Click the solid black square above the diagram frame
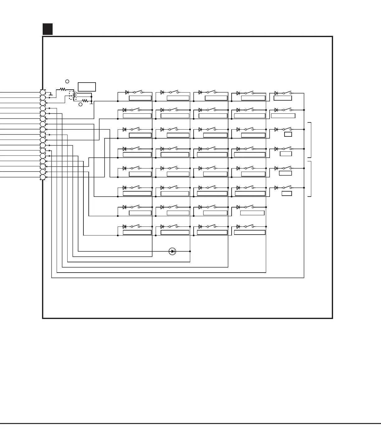[48, 29]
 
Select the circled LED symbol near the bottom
[172, 251]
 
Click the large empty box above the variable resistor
[87, 87]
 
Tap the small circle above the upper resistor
[67, 81]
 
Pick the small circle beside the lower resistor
[80, 104]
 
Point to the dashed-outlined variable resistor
[73, 96]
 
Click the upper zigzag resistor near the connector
[63, 89]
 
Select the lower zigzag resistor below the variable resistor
[85, 101]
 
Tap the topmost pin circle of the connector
[43, 93]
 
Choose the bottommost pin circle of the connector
[43, 177]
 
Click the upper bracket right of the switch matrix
[310, 140]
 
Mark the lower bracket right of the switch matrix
[310, 179]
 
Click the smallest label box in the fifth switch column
[288, 134]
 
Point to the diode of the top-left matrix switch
[127, 92]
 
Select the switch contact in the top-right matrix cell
[287, 93]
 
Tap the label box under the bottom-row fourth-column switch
[250, 232]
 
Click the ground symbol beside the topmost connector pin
[51, 94]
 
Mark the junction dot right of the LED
[190, 251]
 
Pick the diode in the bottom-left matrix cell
[125, 226]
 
